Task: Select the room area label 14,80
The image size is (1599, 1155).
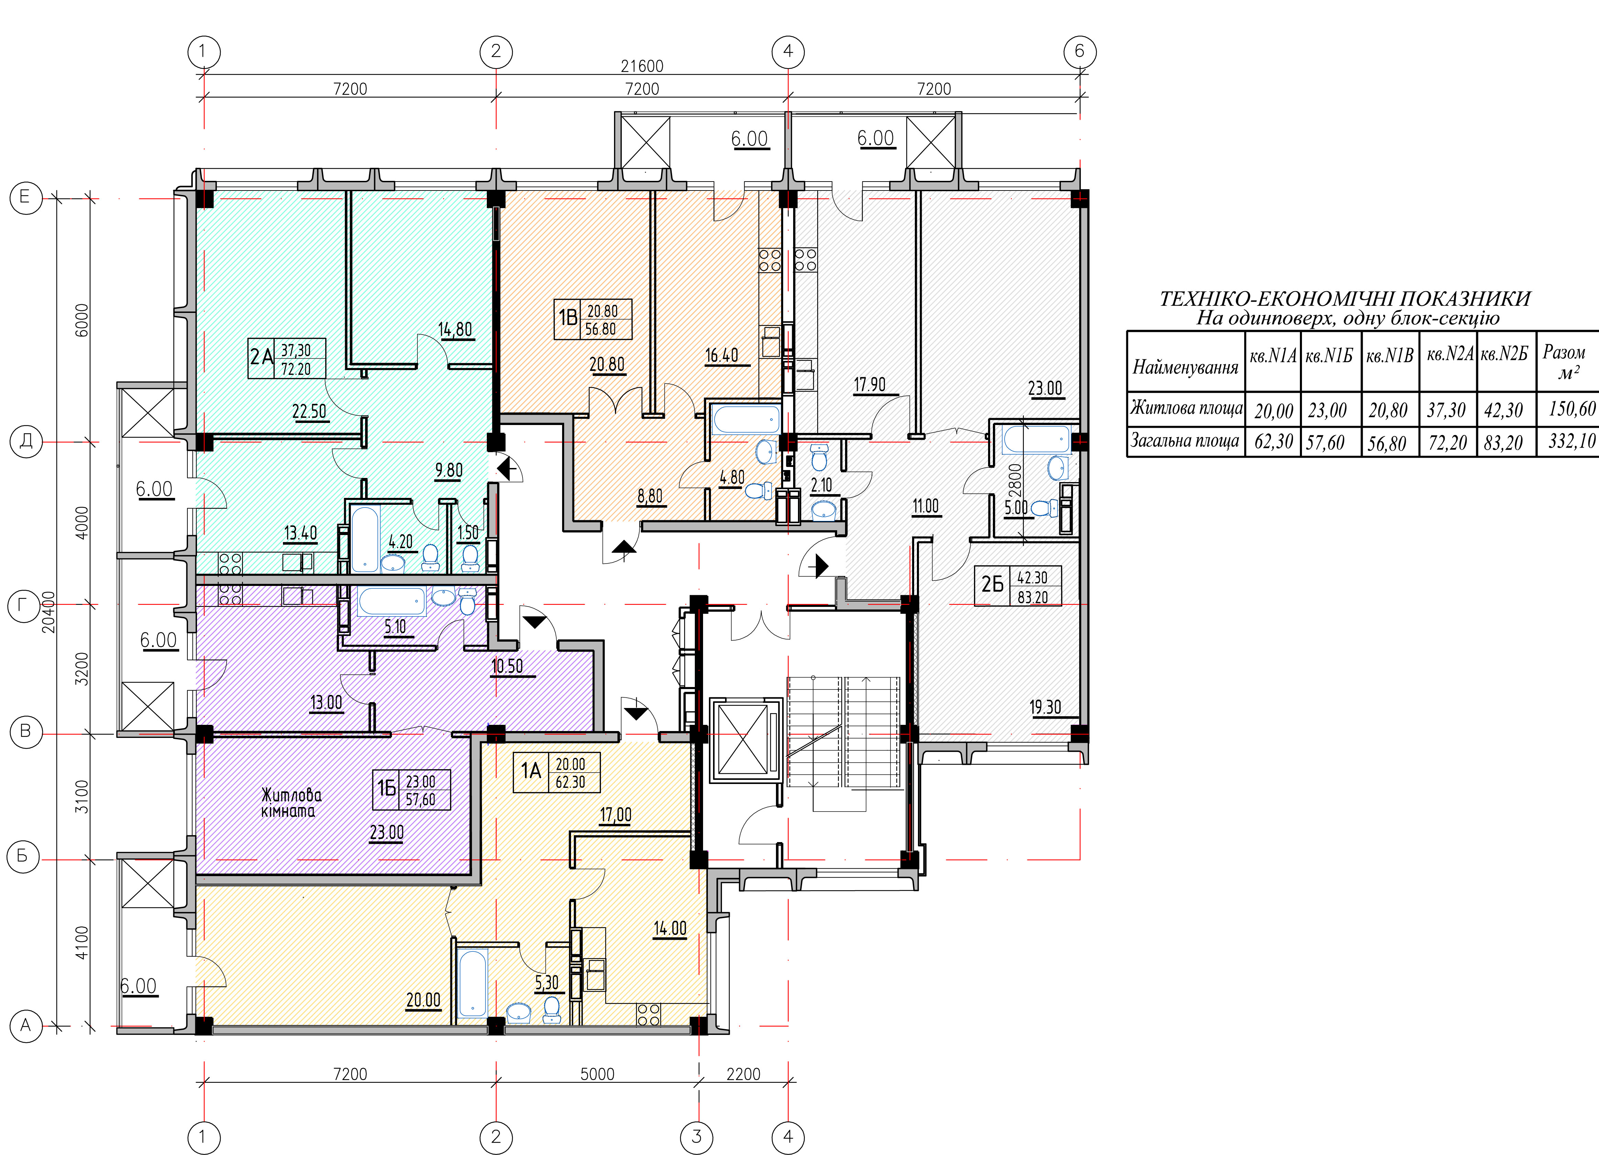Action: pyautogui.click(x=455, y=330)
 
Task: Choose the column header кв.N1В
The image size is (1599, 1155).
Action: pyautogui.click(x=1390, y=356)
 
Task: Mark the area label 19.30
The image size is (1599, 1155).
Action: pyautogui.click(x=1045, y=707)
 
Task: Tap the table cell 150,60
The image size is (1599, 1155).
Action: pyautogui.click(x=1571, y=409)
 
